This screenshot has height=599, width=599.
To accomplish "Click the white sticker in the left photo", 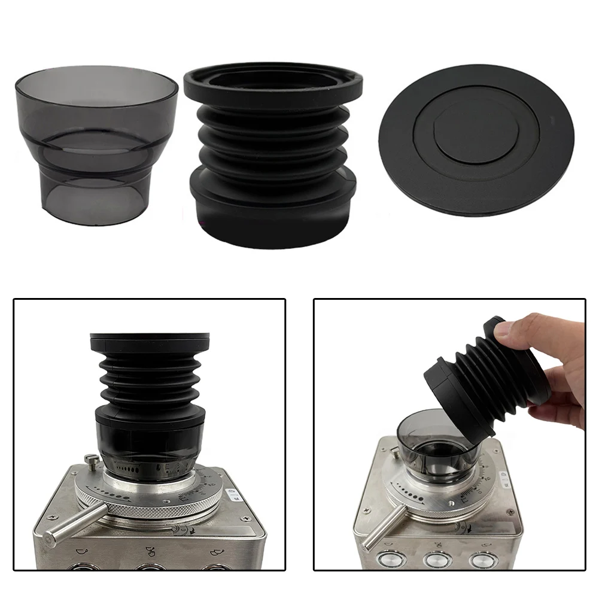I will [233, 494].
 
